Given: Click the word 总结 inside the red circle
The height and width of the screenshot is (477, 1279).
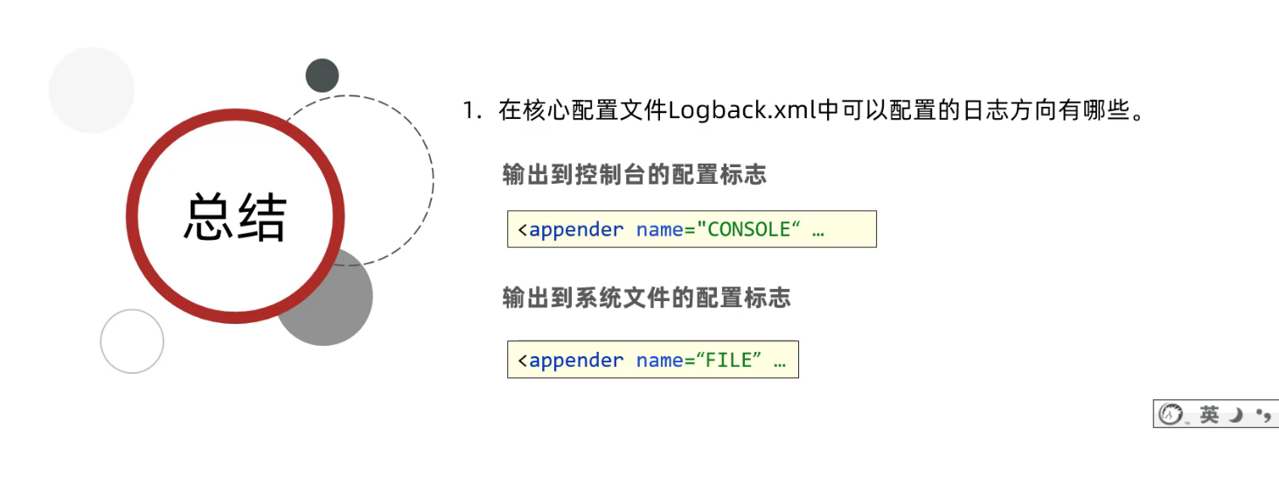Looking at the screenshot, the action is [x=235, y=217].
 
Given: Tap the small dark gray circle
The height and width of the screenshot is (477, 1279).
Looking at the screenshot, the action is [x=322, y=75].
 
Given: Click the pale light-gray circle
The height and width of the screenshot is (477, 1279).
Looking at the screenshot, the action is [x=92, y=90].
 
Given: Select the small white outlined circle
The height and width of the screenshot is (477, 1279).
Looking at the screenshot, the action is [x=132, y=341].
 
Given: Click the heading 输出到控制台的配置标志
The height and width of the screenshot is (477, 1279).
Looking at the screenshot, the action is [x=635, y=174].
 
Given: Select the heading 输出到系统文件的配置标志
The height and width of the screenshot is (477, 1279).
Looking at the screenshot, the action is [x=646, y=298].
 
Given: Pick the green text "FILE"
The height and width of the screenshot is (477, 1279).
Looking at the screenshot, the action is [x=728, y=361].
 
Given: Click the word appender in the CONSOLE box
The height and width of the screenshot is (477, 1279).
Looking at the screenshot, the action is [x=576, y=230].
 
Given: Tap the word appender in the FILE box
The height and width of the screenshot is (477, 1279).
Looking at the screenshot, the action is [x=576, y=361].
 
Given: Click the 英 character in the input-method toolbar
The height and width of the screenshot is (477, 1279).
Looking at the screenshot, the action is [x=1209, y=414].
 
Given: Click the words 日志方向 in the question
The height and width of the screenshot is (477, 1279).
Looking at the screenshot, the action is [x=996, y=111].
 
